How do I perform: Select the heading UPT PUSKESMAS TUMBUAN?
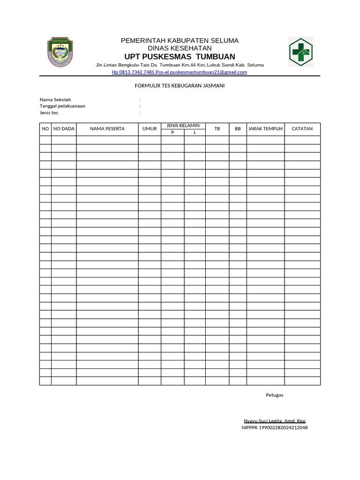[x=180, y=57]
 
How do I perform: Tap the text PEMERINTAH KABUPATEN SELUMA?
[x=180, y=40]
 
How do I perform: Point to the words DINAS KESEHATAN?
[x=180, y=48]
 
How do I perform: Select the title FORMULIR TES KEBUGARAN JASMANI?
[x=180, y=86]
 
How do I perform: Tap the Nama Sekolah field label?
[x=55, y=100]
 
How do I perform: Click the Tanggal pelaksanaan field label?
[x=62, y=106]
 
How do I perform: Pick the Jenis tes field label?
[x=49, y=112]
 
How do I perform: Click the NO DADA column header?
[x=64, y=128]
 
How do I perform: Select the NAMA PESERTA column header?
[x=107, y=128]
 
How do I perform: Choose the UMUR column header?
[x=150, y=128]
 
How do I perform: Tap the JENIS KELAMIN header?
[x=183, y=126]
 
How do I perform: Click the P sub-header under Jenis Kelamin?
[x=172, y=133]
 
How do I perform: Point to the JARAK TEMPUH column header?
[x=265, y=128]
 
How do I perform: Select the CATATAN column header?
[x=302, y=128]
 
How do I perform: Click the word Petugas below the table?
[x=274, y=395]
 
